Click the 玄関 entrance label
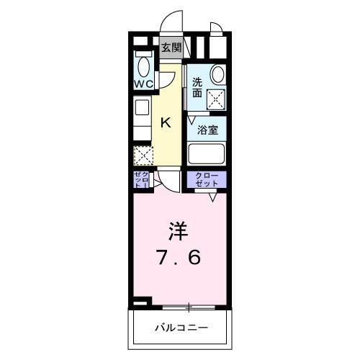[x=171, y=49]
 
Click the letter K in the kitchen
[x=165, y=122]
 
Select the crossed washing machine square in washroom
[x=215, y=101]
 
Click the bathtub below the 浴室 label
[x=207, y=154]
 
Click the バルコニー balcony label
[x=181, y=328]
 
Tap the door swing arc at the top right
[x=217, y=29]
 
